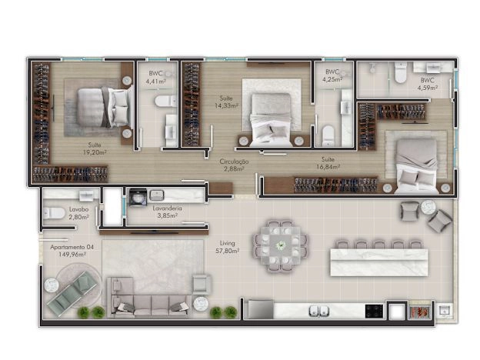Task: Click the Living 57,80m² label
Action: point(228,247)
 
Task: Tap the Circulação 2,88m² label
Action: point(234,165)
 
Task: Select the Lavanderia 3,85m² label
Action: point(167,212)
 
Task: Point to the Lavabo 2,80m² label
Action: point(78,213)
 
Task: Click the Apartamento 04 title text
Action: point(72,247)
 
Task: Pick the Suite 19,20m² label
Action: point(95,148)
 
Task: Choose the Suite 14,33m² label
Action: point(226,102)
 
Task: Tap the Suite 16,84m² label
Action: point(328,163)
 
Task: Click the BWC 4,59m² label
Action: point(428,84)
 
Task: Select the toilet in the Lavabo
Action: point(54,213)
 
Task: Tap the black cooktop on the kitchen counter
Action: point(374,311)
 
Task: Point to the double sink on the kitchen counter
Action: point(318,311)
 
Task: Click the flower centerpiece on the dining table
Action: point(281,245)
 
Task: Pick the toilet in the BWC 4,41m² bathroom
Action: point(165,101)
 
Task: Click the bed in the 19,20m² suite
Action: point(104,107)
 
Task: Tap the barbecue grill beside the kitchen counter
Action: point(420,312)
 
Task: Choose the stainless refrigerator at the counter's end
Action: point(261,309)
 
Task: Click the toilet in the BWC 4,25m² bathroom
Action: point(328,135)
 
